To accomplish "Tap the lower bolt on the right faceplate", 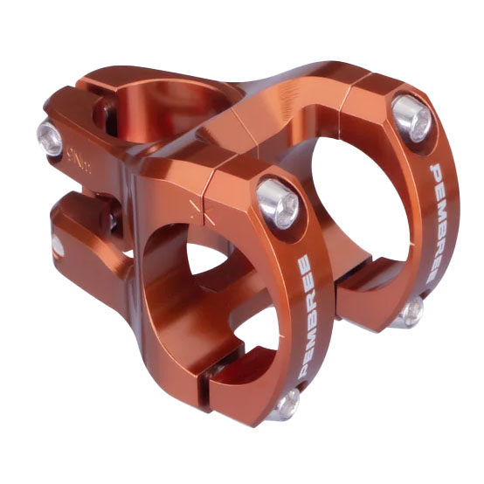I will coord(409,309).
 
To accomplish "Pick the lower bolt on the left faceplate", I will coord(284,402).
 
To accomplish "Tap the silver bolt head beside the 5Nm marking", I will coord(50,134).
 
